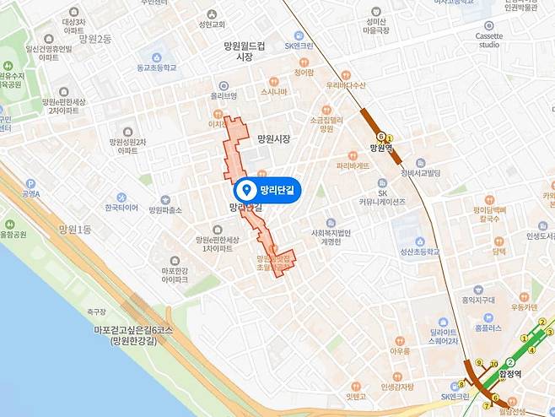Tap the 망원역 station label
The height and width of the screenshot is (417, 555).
tap(382, 147)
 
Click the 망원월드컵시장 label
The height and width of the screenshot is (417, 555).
tap(245, 51)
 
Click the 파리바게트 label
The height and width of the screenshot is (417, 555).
tap(352, 166)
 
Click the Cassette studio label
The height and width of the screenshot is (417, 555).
tap(489, 41)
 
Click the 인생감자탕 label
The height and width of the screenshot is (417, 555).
tap(396, 387)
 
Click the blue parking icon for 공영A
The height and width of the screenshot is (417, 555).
tap(30, 183)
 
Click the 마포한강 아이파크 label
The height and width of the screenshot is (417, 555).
tap(175, 275)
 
